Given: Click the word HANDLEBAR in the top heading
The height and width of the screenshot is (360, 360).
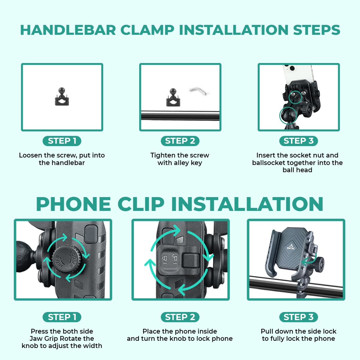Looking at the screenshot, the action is pos(68,30).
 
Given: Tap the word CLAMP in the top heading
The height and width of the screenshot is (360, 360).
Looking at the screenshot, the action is pos(147,30).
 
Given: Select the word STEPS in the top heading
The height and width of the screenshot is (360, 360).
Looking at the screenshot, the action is pos(317,30).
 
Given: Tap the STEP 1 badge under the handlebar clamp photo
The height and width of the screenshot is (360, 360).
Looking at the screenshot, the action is pos(62,141).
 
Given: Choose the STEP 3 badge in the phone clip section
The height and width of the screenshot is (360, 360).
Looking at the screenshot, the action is pos(298,317).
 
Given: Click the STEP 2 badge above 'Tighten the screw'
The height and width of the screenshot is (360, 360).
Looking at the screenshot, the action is pos(180,141).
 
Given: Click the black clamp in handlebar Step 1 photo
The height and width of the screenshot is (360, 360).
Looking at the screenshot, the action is pos(62,97).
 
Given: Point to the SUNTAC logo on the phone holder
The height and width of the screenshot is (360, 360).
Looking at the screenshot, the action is pos(291,247).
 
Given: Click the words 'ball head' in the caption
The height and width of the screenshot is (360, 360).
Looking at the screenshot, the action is pos(297,170).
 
